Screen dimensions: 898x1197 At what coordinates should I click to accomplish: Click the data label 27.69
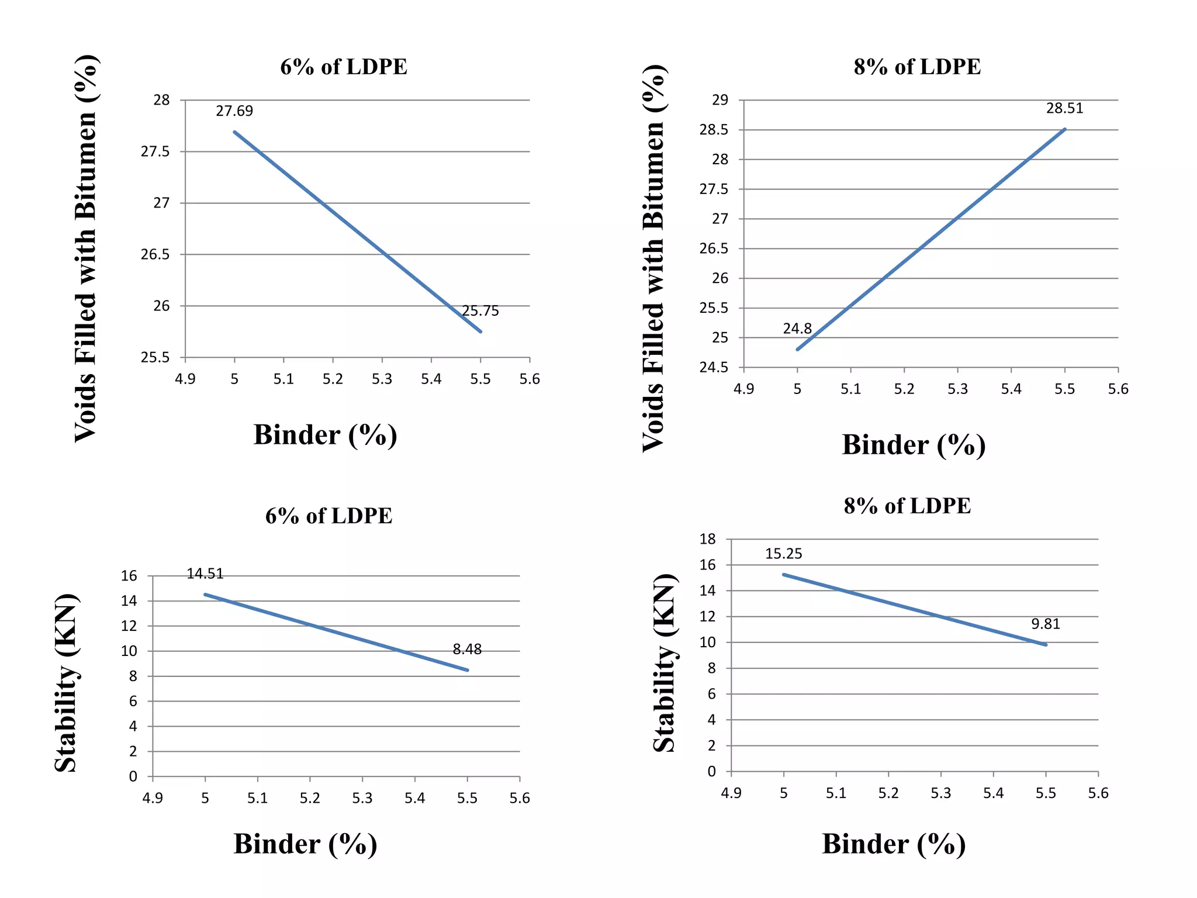[234, 111]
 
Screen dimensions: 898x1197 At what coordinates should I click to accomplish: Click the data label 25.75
[480, 311]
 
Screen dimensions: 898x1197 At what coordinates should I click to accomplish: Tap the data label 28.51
[1064, 109]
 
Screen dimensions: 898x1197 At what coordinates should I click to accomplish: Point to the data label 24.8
[797, 329]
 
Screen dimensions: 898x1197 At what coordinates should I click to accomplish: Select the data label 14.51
[205, 574]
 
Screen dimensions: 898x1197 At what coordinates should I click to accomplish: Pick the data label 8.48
[467, 649]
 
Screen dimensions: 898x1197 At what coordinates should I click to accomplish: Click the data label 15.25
[783, 554]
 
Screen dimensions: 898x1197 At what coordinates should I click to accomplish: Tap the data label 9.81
[1045, 624]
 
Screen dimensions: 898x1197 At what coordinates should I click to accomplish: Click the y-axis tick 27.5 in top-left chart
[155, 152]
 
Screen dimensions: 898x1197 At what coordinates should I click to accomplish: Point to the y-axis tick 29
[720, 100]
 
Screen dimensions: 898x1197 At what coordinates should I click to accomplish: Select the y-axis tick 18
[708, 539]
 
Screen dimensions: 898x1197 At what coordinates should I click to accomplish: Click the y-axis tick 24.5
[714, 368]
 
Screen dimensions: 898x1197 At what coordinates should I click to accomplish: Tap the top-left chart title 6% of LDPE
[344, 67]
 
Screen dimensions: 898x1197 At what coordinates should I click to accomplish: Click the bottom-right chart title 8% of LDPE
[907, 506]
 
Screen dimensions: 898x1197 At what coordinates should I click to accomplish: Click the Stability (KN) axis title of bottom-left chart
[66, 683]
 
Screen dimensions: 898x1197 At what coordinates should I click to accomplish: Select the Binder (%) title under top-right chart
[914, 445]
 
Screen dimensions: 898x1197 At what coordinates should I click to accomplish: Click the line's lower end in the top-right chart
[798, 350]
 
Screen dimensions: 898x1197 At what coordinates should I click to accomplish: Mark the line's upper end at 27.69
[234, 132]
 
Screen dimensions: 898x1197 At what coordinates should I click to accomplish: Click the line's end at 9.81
[1046, 645]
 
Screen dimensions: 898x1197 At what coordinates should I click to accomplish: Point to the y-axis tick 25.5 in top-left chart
[155, 357]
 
